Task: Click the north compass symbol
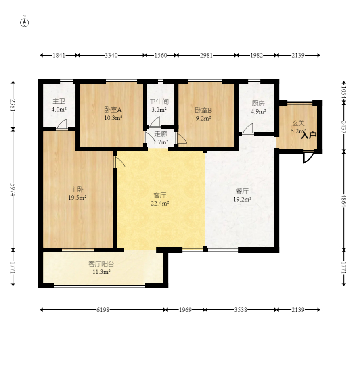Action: click(24, 23)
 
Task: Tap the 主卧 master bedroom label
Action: click(77, 190)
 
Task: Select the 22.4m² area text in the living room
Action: click(160, 203)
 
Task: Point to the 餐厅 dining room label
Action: click(242, 191)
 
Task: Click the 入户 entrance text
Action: click(309, 135)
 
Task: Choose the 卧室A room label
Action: click(113, 110)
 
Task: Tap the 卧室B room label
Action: click(203, 110)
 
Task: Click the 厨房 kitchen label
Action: click(258, 103)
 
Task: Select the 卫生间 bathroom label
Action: click(159, 102)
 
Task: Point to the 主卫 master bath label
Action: click(59, 101)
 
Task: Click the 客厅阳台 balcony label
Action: click(101, 264)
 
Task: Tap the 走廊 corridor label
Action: click(161, 134)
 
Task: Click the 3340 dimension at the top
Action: click(111, 56)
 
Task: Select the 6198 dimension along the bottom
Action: click(103, 310)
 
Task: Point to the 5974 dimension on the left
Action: click(13, 190)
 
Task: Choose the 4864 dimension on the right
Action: click(343, 200)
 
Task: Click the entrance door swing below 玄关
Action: click(308, 157)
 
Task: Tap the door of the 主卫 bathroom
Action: click(62, 124)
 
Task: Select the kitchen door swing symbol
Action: click(248, 129)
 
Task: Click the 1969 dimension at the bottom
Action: click(185, 310)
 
